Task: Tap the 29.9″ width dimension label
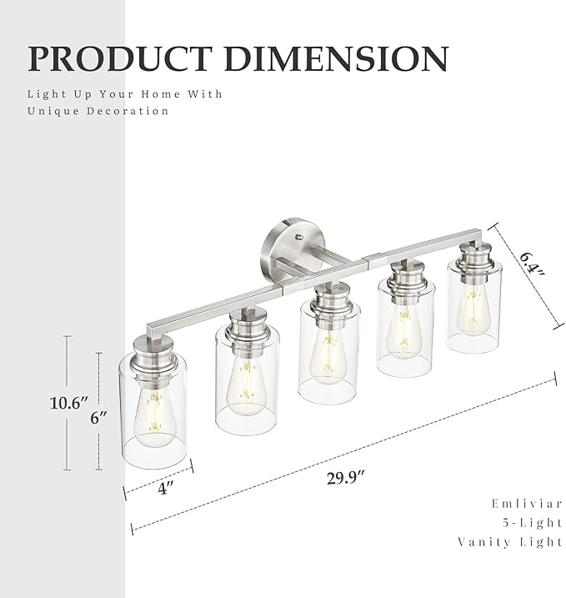click(x=345, y=478)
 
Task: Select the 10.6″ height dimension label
click(x=68, y=403)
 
